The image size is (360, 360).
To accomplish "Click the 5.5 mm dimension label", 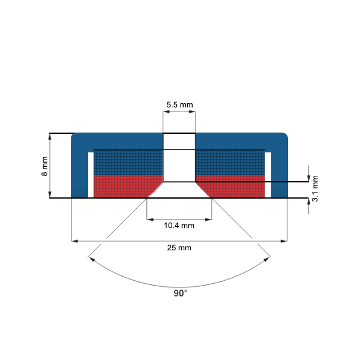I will pos(179,104).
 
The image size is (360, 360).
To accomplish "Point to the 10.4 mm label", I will pos(179,226).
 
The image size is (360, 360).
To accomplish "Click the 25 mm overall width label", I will pos(179,247).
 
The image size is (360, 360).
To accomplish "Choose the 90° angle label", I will pos(180,293).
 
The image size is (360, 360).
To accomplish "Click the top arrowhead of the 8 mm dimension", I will pos(50,136).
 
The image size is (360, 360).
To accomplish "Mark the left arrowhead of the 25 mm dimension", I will pos(74,241).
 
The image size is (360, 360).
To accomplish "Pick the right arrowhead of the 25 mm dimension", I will pos(284,241).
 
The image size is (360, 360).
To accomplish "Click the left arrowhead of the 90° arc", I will pos(91,259).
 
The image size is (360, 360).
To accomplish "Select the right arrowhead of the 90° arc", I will pos(268,259).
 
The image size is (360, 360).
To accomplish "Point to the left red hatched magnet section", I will pos(123,186).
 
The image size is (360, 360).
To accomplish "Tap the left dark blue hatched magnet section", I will pos(127,162).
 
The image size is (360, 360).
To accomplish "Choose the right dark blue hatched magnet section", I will pos(230,162).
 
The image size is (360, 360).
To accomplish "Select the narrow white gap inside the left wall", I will pos(91,175).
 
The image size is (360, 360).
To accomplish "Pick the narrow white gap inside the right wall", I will pos(268,175).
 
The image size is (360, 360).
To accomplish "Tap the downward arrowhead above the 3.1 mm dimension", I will pos(308,178).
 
